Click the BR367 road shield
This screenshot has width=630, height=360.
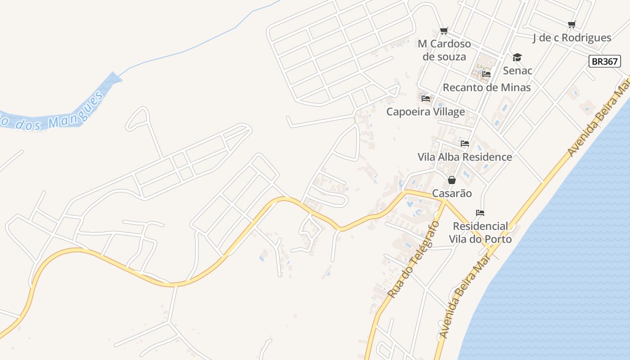604,61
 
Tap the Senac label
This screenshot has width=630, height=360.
517,70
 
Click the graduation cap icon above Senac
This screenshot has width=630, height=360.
517,57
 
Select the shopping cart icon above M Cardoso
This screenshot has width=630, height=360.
444,31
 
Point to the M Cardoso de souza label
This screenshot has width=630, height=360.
444,50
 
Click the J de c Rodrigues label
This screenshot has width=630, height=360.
571,38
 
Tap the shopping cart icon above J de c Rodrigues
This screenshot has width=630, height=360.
571,24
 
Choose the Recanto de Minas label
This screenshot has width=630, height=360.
486,87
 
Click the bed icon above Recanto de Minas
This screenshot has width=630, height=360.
486,74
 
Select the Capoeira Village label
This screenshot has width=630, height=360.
425,112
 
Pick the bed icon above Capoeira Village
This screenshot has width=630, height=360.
426,98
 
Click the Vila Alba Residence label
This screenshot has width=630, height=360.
464,157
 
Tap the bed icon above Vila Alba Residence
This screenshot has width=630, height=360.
465,144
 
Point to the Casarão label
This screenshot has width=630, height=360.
452,193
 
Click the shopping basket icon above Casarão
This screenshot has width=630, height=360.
452,180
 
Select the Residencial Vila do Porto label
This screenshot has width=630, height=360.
480,232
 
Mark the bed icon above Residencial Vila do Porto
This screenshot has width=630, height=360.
480,213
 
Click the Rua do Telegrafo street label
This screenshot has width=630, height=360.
413,260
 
